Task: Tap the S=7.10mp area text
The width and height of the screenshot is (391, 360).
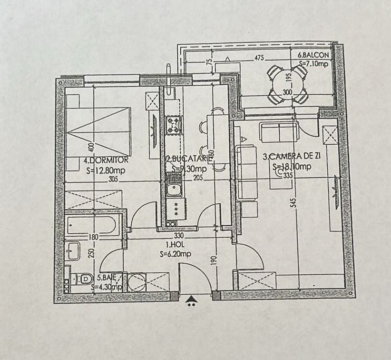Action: point(313,63)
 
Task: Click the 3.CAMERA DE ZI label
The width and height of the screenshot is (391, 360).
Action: point(291,156)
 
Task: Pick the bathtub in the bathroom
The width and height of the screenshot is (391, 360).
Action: point(91,225)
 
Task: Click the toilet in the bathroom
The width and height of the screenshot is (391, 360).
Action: point(83,279)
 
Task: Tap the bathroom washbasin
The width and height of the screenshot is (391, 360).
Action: point(73,249)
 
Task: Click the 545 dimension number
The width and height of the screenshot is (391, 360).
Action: point(295,203)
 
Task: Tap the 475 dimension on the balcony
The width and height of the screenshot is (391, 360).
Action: point(259,58)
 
